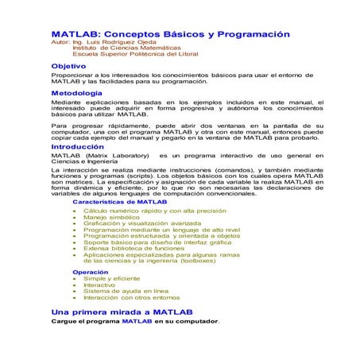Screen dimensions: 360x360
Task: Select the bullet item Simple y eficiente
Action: [x=111, y=279]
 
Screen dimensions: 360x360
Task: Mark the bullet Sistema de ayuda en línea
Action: [x=125, y=292]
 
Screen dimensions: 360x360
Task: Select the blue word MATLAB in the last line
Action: [x=136, y=322]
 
